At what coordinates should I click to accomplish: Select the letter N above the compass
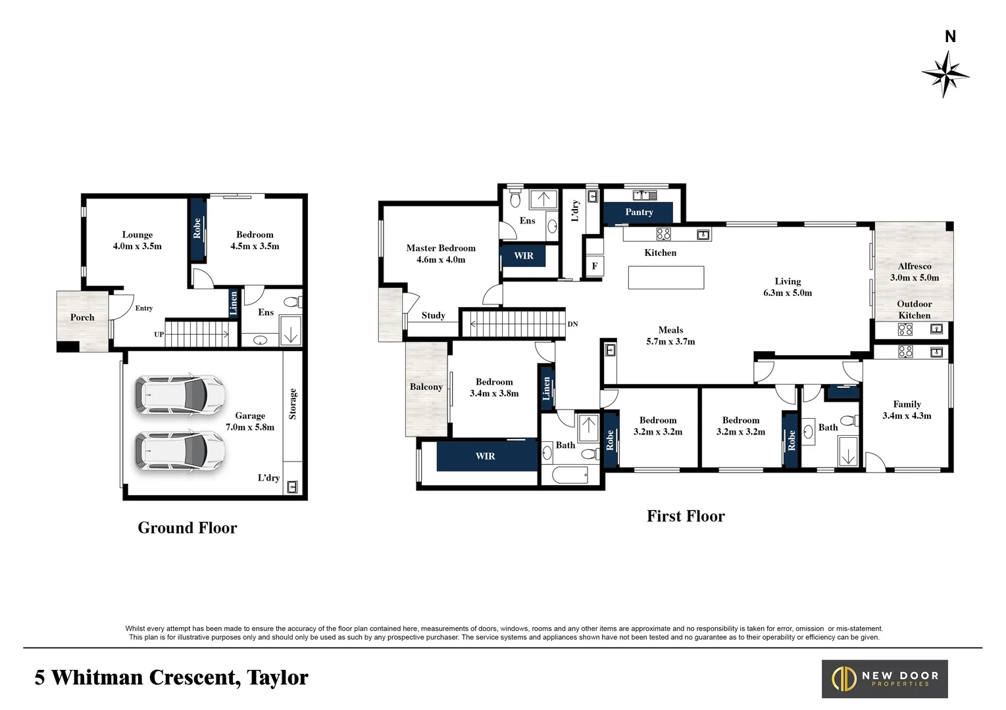(x=950, y=36)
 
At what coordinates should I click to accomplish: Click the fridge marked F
(x=595, y=266)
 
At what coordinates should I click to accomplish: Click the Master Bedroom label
(x=441, y=248)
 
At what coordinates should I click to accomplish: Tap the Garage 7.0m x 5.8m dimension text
(x=250, y=427)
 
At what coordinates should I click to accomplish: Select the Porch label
(x=82, y=318)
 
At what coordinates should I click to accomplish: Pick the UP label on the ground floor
(x=159, y=335)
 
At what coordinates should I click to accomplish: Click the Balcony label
(x=426, y=387)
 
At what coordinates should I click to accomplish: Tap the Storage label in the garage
(x=293, y=404)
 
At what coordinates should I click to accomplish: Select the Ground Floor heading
(x=188, y=528)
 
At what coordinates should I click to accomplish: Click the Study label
(x=434, y=316)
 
